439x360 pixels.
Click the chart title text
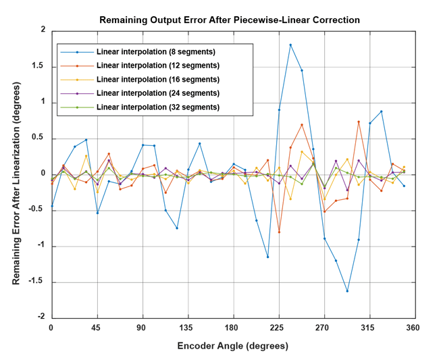pyautogui.click(x=230, y=20)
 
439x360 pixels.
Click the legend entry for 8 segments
pyautogui.click(x=155, y=52)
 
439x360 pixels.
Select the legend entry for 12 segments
pyautogui.click(x=157, y=66)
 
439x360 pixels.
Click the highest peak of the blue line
pyautogui.click(x=290, y=45)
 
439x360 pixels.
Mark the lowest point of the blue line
pyautogui.click(x=347, y=291)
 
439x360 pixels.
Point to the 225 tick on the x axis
pyautogui.click(x=278, y=328)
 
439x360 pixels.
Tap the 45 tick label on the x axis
pyautogui.click(x=97, y=328)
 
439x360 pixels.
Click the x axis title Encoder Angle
pyautogui.click(x=233, y=346)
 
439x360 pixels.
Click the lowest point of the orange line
pyautogui.click(x=279, y=232)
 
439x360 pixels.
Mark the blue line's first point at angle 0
pyautogui.click(x=51, y=206)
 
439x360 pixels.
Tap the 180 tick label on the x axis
pyautogui.click(x=233, y=328)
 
